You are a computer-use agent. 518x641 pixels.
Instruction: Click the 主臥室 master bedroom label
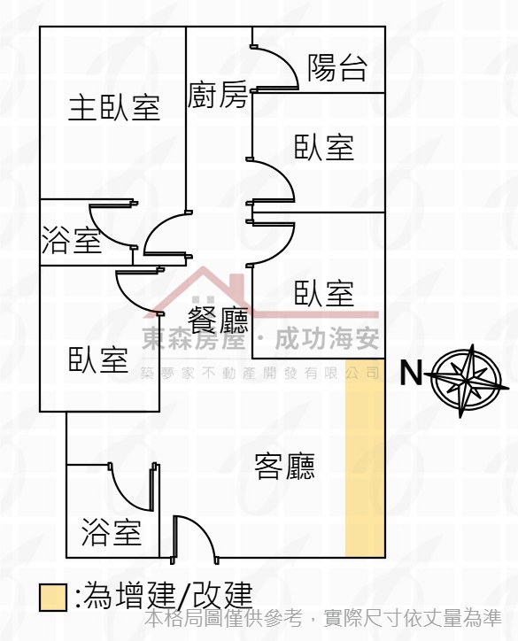click(x=113, y=107)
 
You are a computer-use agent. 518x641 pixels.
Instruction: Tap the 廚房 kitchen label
click(x=218, y=95)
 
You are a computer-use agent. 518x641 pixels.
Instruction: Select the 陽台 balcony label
click(x=337, y=67)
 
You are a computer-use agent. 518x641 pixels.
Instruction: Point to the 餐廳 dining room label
click(x=218, y=319)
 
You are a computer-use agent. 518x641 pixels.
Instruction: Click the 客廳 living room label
click(x=284, y=466)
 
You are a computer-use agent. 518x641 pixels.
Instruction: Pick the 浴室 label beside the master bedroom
click(x=72, y=240)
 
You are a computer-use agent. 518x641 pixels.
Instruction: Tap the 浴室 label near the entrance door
click(x=112, y=532)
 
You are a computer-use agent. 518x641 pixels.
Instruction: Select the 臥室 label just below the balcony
click(x=324, y=147)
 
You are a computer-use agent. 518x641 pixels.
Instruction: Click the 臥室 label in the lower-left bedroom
click(x=98, y=359)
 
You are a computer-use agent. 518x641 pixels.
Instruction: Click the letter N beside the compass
click(x=411, y=373)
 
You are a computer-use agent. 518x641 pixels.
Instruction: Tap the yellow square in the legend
click(x=53, y=598)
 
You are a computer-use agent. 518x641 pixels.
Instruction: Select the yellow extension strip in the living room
click(x=365, y=458)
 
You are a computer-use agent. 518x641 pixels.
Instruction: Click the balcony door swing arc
click(x=284, y=61)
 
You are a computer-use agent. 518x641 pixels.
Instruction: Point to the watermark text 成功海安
click(x=327, y=338)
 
